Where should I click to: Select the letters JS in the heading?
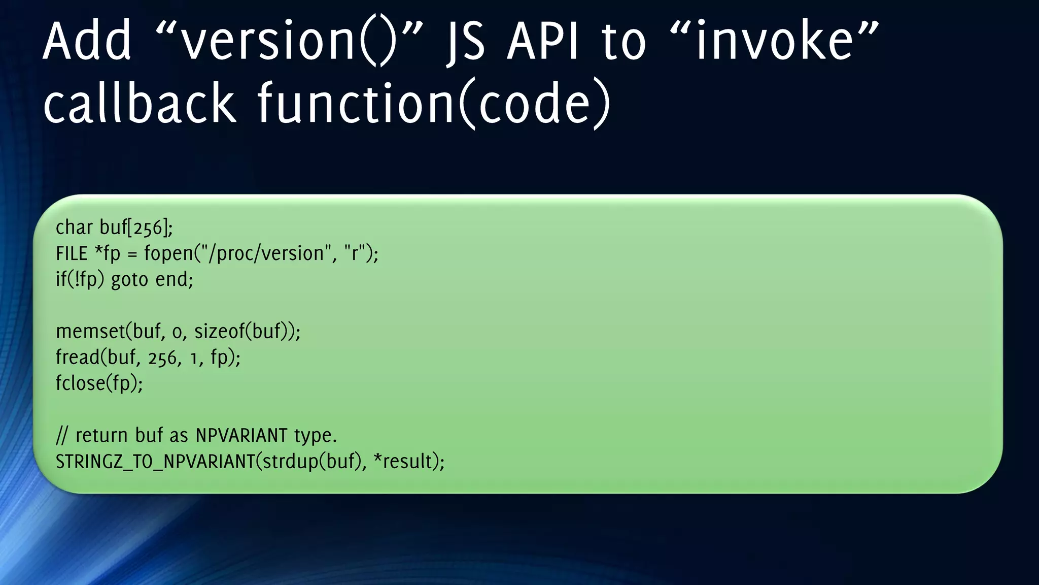[x=466, y=42]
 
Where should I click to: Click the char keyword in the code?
[x=74, y=227]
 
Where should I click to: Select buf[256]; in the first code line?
[x=136, y=228]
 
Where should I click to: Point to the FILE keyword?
[x=72, y=253]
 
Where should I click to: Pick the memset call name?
[x=90, y=332]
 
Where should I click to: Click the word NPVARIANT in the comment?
[x=241, y=436]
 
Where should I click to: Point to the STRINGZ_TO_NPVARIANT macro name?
[x=155, y=462]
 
